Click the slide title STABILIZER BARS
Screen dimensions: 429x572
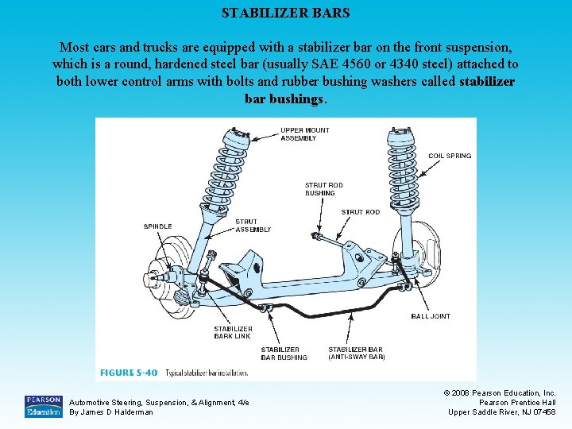285,14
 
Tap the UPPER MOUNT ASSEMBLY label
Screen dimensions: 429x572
304,134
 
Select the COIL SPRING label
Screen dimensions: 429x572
449,156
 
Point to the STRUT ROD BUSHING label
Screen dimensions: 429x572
323,189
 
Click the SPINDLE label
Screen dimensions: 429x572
157,226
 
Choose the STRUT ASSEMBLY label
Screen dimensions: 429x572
253,226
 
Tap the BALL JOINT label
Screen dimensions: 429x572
430,316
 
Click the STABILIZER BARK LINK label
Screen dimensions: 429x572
233,332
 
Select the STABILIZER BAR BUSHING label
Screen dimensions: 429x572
284,354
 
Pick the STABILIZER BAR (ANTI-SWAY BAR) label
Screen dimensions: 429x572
356,354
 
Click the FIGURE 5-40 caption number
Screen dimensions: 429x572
129,373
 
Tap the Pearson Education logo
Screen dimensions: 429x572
44,406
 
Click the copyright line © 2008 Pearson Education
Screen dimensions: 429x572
500,393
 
